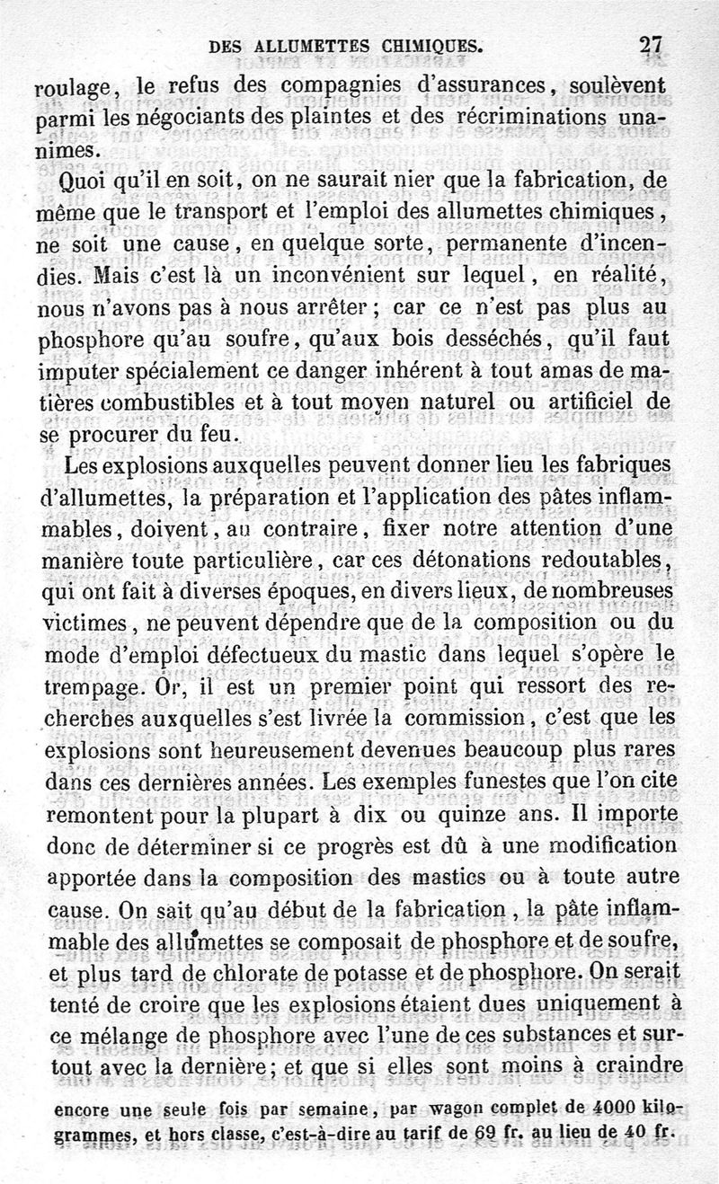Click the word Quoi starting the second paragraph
[x=80, y=181]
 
